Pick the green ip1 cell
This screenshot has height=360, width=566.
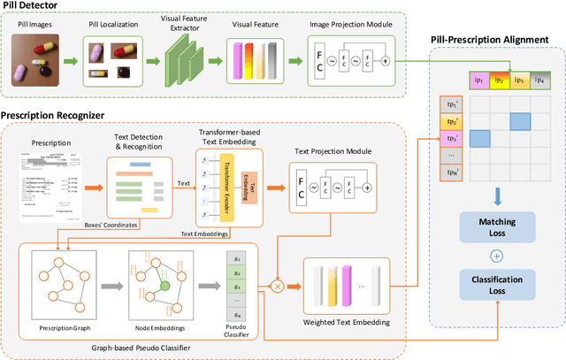tap(455, 80)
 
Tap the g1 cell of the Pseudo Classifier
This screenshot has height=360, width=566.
tap(236, 257)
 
